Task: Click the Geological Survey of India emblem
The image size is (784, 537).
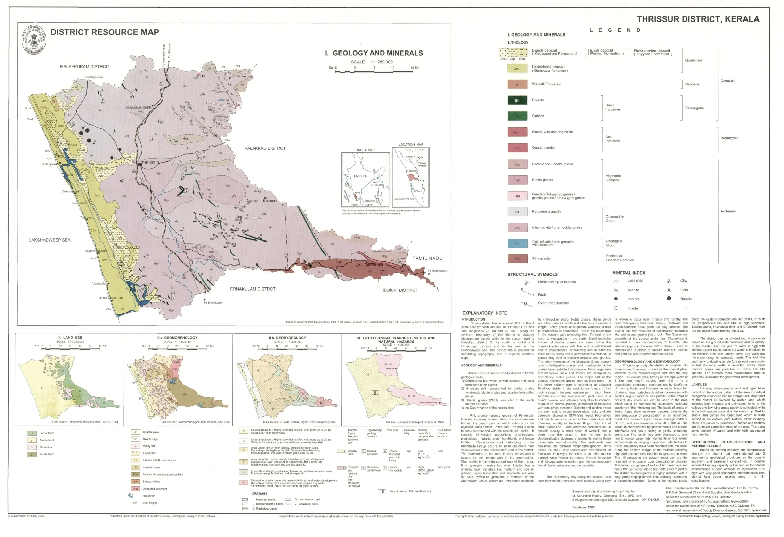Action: tap(33, 40)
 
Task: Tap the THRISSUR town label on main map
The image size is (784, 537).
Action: tap(150, 163)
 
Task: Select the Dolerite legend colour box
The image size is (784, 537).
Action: tap(517, 100)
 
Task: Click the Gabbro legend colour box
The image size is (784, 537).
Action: tap(517, 116)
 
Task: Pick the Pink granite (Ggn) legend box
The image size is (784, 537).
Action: tap(517, 259)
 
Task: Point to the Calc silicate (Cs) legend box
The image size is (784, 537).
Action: tap(517, 243)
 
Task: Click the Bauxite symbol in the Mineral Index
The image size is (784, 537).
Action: tap(669, 298)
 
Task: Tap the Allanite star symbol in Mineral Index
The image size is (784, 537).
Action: tap(616, 290)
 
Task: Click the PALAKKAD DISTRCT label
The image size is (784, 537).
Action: tap(265, 148)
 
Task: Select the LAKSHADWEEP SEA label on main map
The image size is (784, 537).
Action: tap(50, 240)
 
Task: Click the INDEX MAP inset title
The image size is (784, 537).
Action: tap(366, 150)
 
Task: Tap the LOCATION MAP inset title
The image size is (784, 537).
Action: tap(411, 144)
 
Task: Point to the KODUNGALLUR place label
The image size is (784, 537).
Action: tap(111, 298)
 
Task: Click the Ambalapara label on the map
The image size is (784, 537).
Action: tap(374, 265)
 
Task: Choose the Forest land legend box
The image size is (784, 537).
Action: tap(32, 433)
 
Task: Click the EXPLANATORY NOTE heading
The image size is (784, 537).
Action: tap(484, 313)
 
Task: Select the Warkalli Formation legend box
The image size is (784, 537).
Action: tap(517, 84)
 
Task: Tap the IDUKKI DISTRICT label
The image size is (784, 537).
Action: tap(400, 290)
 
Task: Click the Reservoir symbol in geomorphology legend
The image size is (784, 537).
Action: tap(131, 496)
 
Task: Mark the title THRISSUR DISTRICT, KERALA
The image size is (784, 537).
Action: tap(698, 19)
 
